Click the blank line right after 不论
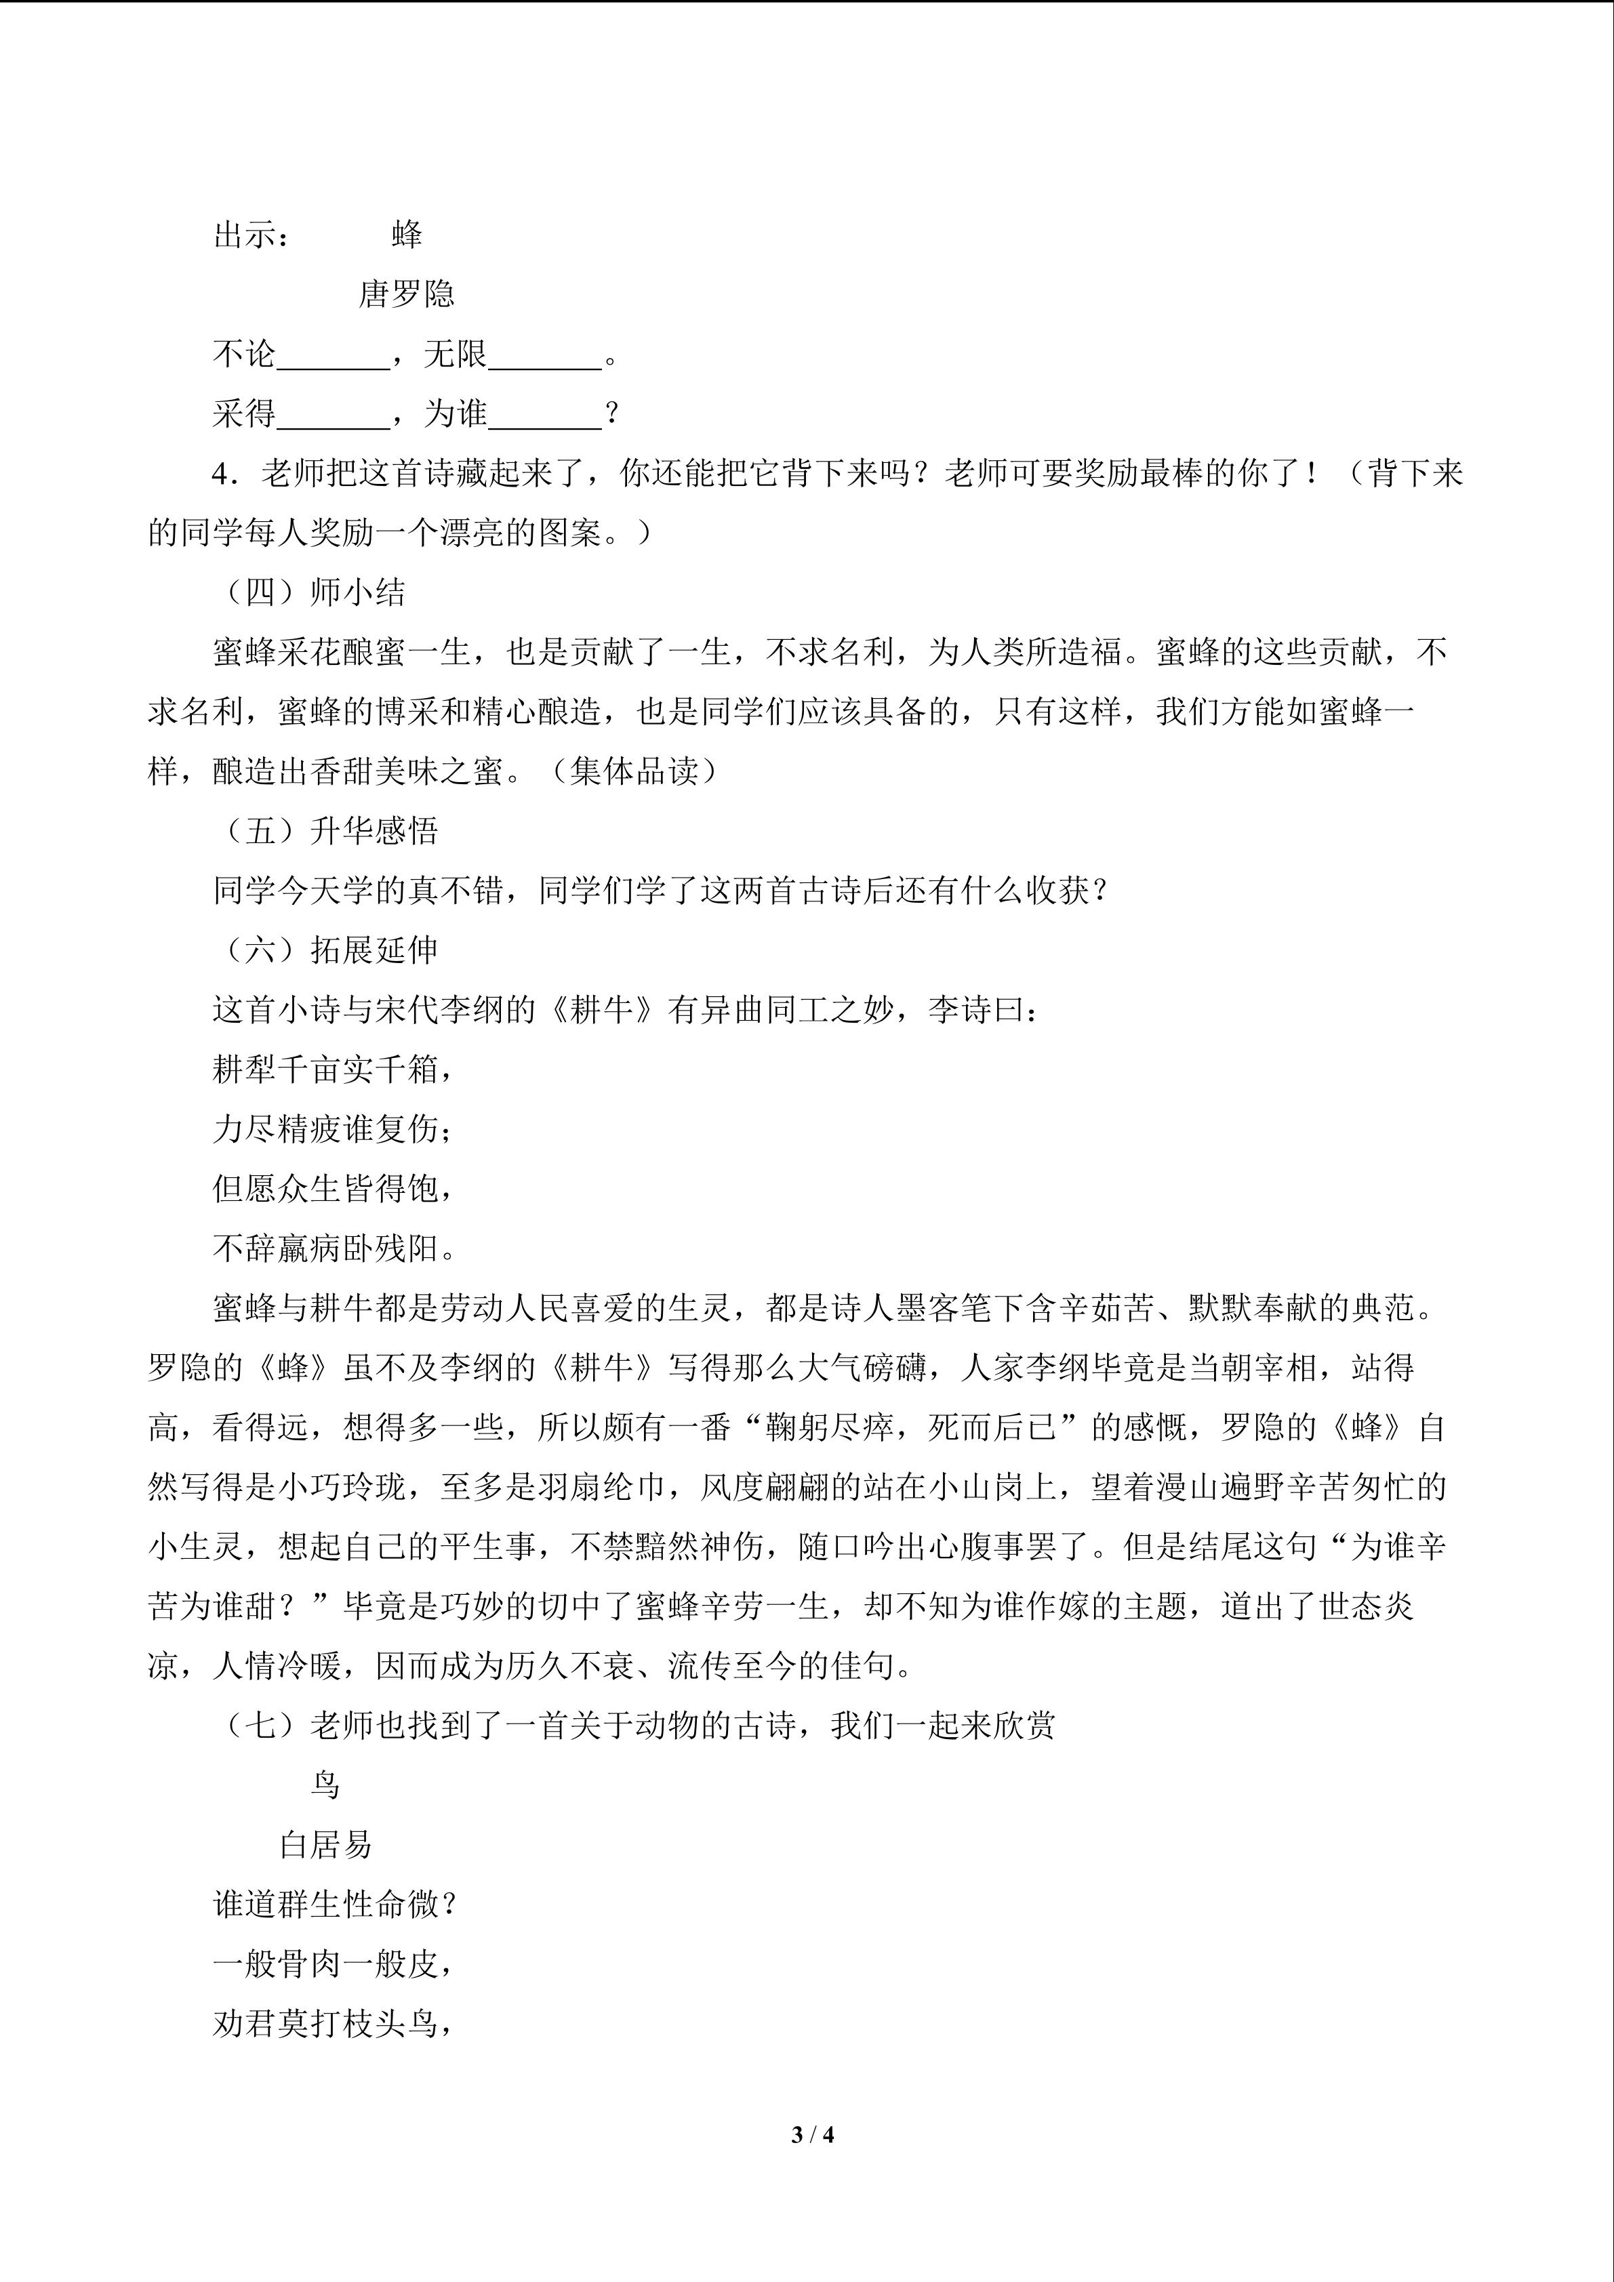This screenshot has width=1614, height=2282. (x=333, y=358)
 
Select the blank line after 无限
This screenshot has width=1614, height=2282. (x=544, y=358)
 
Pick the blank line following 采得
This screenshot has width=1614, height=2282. (x=333, y=417)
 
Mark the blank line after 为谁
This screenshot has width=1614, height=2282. (x=544, y=417)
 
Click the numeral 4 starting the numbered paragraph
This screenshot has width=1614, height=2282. (x=220, y=474)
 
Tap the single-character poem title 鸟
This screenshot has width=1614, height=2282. (x=325, y=1785)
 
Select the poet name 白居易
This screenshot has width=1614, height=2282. (x=325, y=1846)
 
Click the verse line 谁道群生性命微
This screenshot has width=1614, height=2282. (x=332, y=1905)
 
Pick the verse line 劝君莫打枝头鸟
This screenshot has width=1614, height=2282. (x=332, y=2024)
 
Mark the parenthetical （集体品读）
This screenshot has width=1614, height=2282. (x=633, y=772)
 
